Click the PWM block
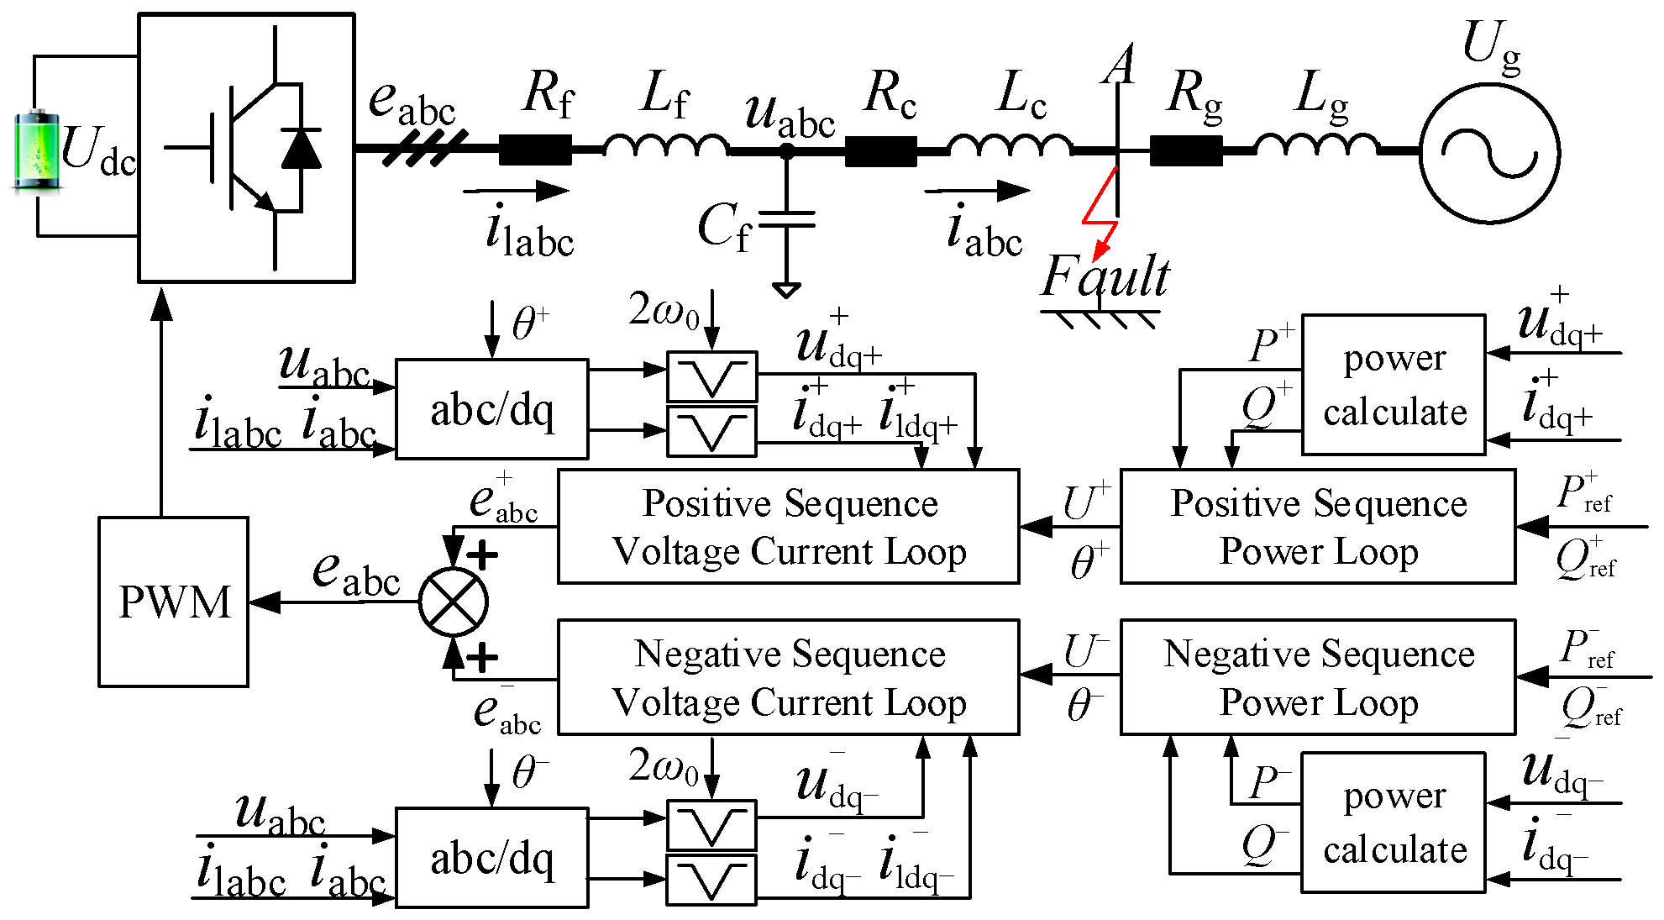pos(173,602)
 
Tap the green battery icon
pos(36,150)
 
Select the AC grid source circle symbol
pos(1489,153)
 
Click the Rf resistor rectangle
pos(535,150)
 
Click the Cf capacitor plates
pos(786,219)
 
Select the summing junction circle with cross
pos(454,602)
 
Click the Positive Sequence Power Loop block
pos(1317,527)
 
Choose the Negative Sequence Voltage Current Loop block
pos(788,677)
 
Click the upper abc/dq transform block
pos(491,409)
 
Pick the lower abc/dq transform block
pos(491,858)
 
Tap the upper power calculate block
pos(1394,385)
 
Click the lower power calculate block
pos(1394,823)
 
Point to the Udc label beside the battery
pos(98,151)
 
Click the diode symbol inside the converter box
pos(301,149)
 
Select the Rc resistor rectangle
pos(880,151)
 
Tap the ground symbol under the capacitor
pos(786,291)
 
